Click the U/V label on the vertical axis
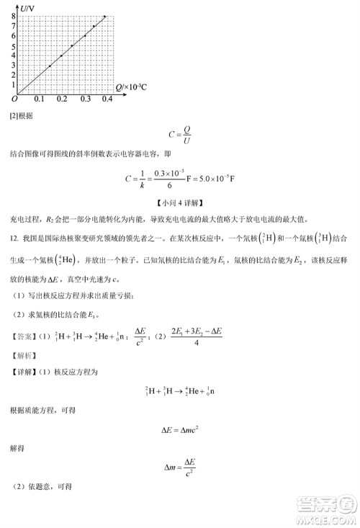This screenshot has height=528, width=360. click(x=27, y=6)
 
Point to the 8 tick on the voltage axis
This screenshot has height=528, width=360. click(x=13, y=16)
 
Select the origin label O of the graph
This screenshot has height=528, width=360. click(x=14, y=99)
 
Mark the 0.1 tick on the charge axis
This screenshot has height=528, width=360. click(x=38, y=99)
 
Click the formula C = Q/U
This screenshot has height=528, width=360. click(x=180, y=134)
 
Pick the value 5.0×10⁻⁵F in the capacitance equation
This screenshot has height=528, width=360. click(x=222, y=179)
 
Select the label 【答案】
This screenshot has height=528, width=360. click(x=26, y=334)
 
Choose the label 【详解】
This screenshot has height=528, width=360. click(x=26, y=372)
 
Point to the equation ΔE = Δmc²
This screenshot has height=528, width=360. click(x=179, y=431)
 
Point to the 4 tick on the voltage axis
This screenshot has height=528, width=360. click(x=13, y=55)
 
